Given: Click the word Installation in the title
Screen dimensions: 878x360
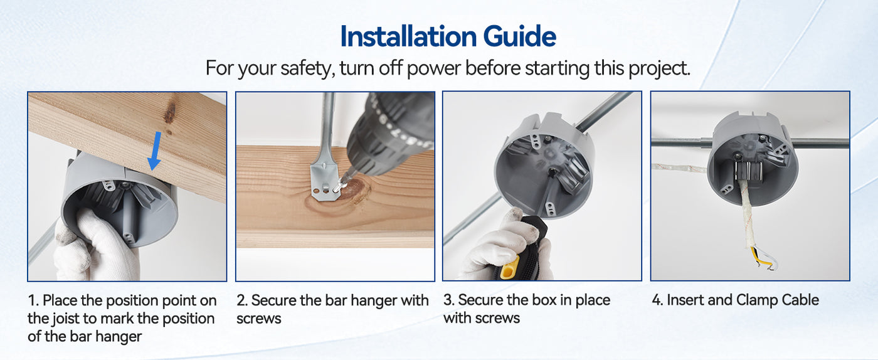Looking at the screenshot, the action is coord(408,36).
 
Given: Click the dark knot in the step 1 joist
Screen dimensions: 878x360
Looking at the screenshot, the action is coord(170,112).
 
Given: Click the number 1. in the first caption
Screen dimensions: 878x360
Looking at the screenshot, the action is coord(33,300).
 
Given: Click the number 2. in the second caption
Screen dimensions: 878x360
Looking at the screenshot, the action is coord(242,300).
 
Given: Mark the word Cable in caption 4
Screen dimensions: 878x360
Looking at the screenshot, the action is coord(800,300).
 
